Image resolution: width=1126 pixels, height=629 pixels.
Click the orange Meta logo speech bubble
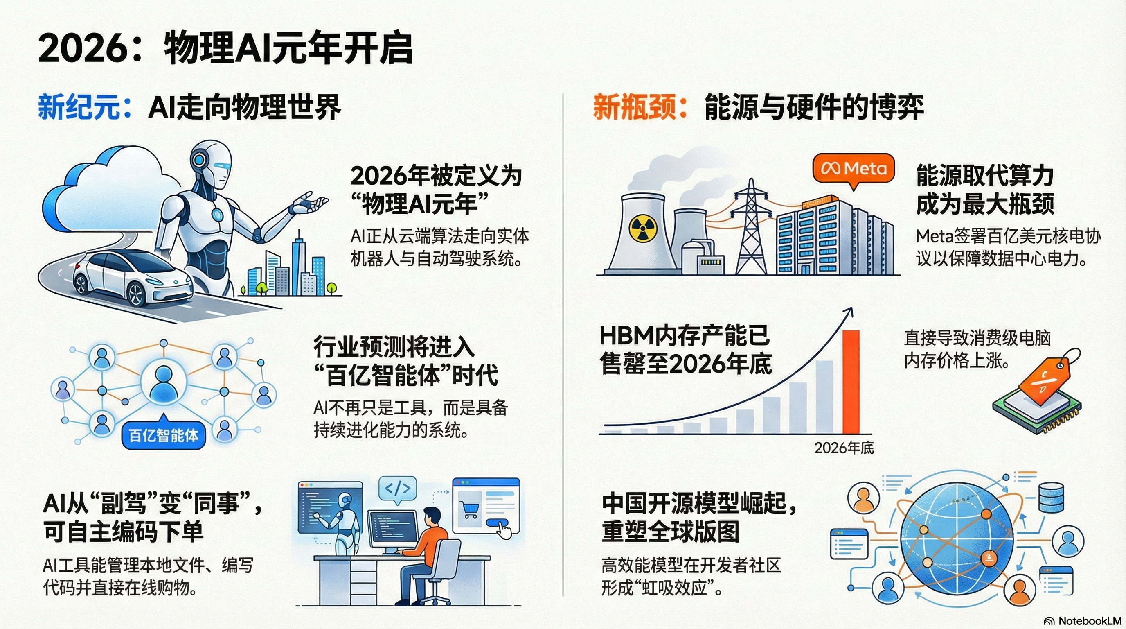853,170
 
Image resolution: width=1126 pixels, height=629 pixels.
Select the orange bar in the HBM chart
851,381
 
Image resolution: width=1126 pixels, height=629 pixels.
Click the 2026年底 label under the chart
844,448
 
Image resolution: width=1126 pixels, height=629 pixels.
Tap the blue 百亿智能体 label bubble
164,436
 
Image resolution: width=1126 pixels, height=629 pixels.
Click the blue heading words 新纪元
79,107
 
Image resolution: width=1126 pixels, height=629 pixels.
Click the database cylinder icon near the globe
1051,497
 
